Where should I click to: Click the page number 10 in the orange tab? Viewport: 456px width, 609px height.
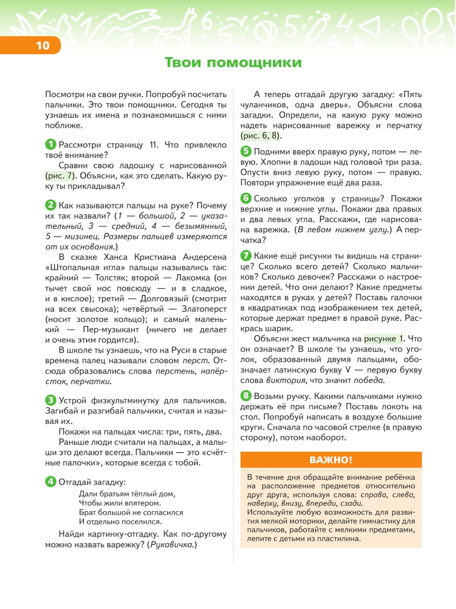pyautogui.click(x=42, y=46)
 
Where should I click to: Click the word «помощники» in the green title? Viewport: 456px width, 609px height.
pyautogui.click(x=254, y=62)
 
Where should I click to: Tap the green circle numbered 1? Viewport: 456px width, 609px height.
pyautogui.click(x=51, y=144)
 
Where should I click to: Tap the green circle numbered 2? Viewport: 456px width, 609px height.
pyautogui.click(x=51, y=205)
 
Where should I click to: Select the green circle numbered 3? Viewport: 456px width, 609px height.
pyautogui.click(x=51, y=400)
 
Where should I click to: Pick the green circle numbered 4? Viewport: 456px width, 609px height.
pyautogui.click(x=51, y=481)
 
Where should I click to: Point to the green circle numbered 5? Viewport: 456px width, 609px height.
pyautogui.click(x=246, y=151)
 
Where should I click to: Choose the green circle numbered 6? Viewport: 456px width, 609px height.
pyautogui.click(x=246, y=198)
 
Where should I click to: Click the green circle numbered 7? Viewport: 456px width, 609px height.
pyautogui.click(x=246, y=256)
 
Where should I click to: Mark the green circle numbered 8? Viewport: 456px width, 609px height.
pyautogui.click(x=246, y=396)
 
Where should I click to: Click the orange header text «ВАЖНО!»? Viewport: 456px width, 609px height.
pyautogui.click(x=331, y=460)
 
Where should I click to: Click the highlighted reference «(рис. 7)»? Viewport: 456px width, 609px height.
pyautogui.click(x=61, y=176)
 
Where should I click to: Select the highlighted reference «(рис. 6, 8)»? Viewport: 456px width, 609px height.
pyautogui.click(x=261, y=136)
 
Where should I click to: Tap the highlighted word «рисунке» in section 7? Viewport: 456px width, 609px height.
pyautogui.click(x=380, y=339)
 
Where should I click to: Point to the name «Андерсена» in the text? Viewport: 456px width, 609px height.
pyautogui.click(x=205, y=257)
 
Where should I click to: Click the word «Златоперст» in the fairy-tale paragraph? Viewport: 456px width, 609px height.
pyautogui.click(x=204, y=309)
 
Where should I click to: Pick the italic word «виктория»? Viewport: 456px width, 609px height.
pyautogui.click(x=286, y=380)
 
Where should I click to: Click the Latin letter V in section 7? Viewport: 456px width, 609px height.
pyautogui.click(x=348, y=370)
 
